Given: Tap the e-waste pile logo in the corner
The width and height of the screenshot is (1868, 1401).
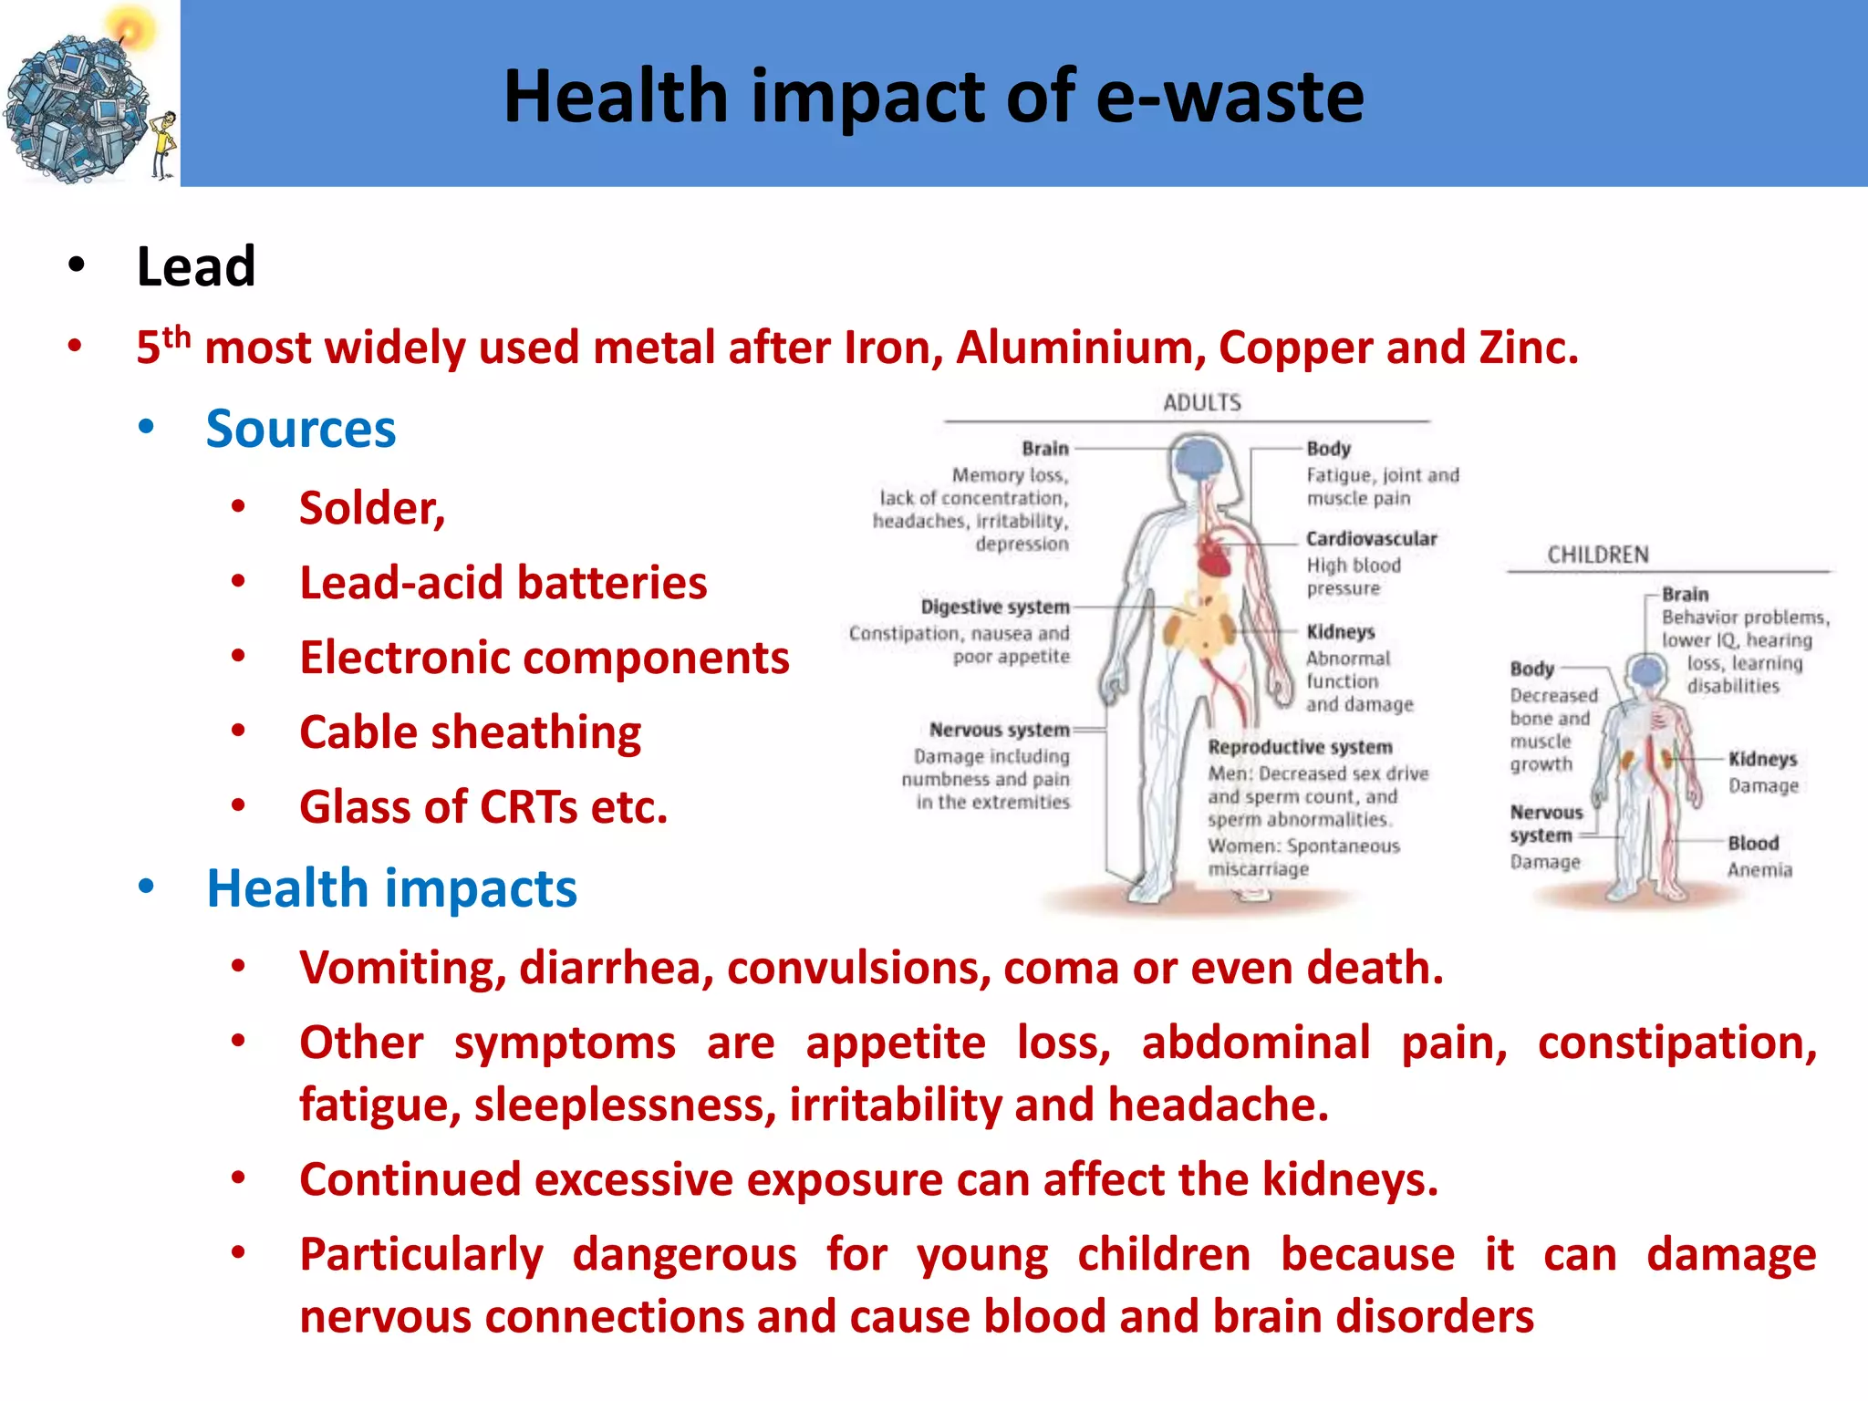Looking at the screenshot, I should pos(78,109).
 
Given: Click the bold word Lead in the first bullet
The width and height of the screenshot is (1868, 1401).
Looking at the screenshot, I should pos(195,267).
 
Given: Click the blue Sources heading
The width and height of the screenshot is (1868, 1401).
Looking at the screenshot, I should pos(301,429).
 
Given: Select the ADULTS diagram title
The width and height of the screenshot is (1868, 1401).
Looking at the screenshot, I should pos(1201,402).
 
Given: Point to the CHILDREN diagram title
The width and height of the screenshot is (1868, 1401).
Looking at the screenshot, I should pos(1598,555).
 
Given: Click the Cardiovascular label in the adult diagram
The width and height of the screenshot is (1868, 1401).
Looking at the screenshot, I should pos(1371,539).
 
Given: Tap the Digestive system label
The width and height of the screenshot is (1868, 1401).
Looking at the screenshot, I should pos(994,607).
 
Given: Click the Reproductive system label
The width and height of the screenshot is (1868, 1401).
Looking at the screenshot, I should pos(1300,747).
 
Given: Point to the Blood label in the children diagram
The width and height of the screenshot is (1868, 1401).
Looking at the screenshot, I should pos(1753,843).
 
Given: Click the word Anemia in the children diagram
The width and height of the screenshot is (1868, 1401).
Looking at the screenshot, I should pos(1759,870).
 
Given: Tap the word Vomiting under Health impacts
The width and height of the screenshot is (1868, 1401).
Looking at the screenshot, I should pos(402,969).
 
